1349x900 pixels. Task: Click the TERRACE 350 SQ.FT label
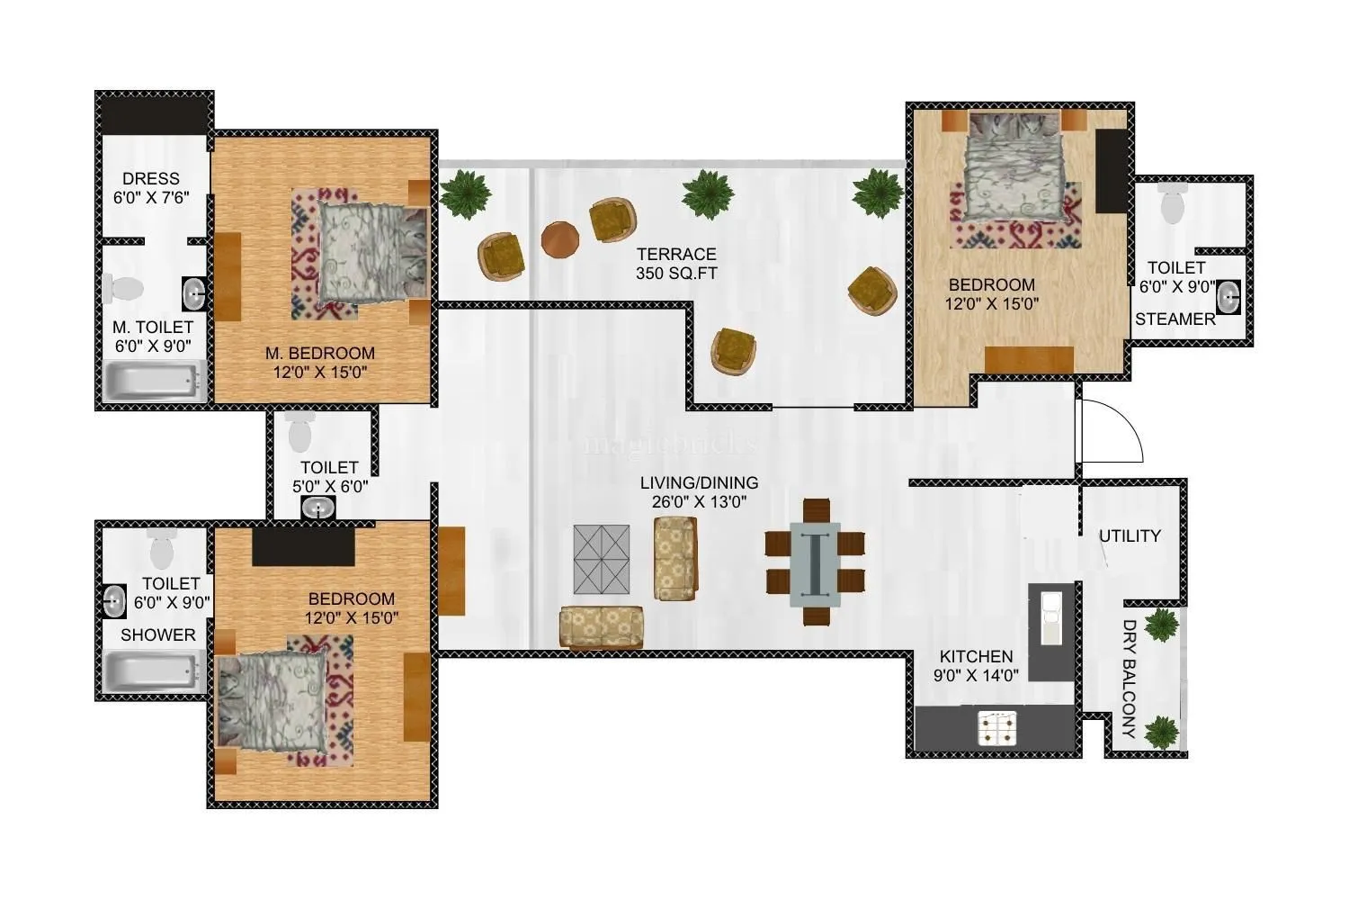[x=676, y=264]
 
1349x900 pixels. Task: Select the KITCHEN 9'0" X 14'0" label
[x=976, y=666]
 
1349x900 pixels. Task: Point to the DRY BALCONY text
[x=1130, y=679]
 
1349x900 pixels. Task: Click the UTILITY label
[x=1130, y=536]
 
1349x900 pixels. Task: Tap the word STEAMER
[x=1175, y=319]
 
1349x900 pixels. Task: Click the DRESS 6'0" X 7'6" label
[x=151, y=188]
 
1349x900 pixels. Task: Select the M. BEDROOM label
[x=320, y=362]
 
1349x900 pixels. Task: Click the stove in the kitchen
[x=998, y=727]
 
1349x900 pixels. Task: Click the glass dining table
[x=815, y=563]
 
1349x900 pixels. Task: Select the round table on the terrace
[x=560, y=239]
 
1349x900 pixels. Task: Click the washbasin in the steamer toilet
[x=1228, y=293]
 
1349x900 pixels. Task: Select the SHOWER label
[x=158, y=634]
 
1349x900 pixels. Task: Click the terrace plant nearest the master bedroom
[x=465, y=194]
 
